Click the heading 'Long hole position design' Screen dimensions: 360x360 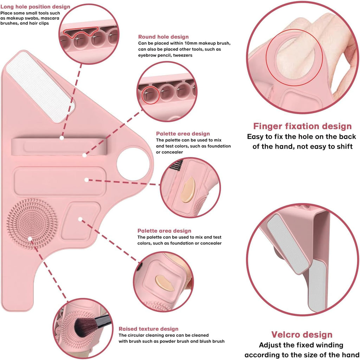pos(35,7)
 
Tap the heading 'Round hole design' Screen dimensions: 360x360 pos(163,37)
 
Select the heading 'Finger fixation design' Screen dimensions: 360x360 pos(302,126)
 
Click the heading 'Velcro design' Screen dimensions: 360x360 pos(302,334)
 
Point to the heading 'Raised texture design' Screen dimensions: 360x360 pos(148,329)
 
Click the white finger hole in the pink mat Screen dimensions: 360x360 pos(133,164)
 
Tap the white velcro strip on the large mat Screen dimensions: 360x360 pos(40,87)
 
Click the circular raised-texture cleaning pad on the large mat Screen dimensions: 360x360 pos(32,224)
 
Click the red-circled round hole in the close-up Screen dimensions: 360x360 pos(150,95)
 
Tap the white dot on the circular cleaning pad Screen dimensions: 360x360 pos(30,239)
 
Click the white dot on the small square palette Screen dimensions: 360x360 pos(80,219)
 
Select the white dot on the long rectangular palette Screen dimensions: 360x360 pos(86,180)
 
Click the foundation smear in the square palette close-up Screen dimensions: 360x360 pos(165,283)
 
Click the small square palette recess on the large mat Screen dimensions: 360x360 pos(81,221)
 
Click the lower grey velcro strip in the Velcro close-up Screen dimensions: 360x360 pos(317,286)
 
